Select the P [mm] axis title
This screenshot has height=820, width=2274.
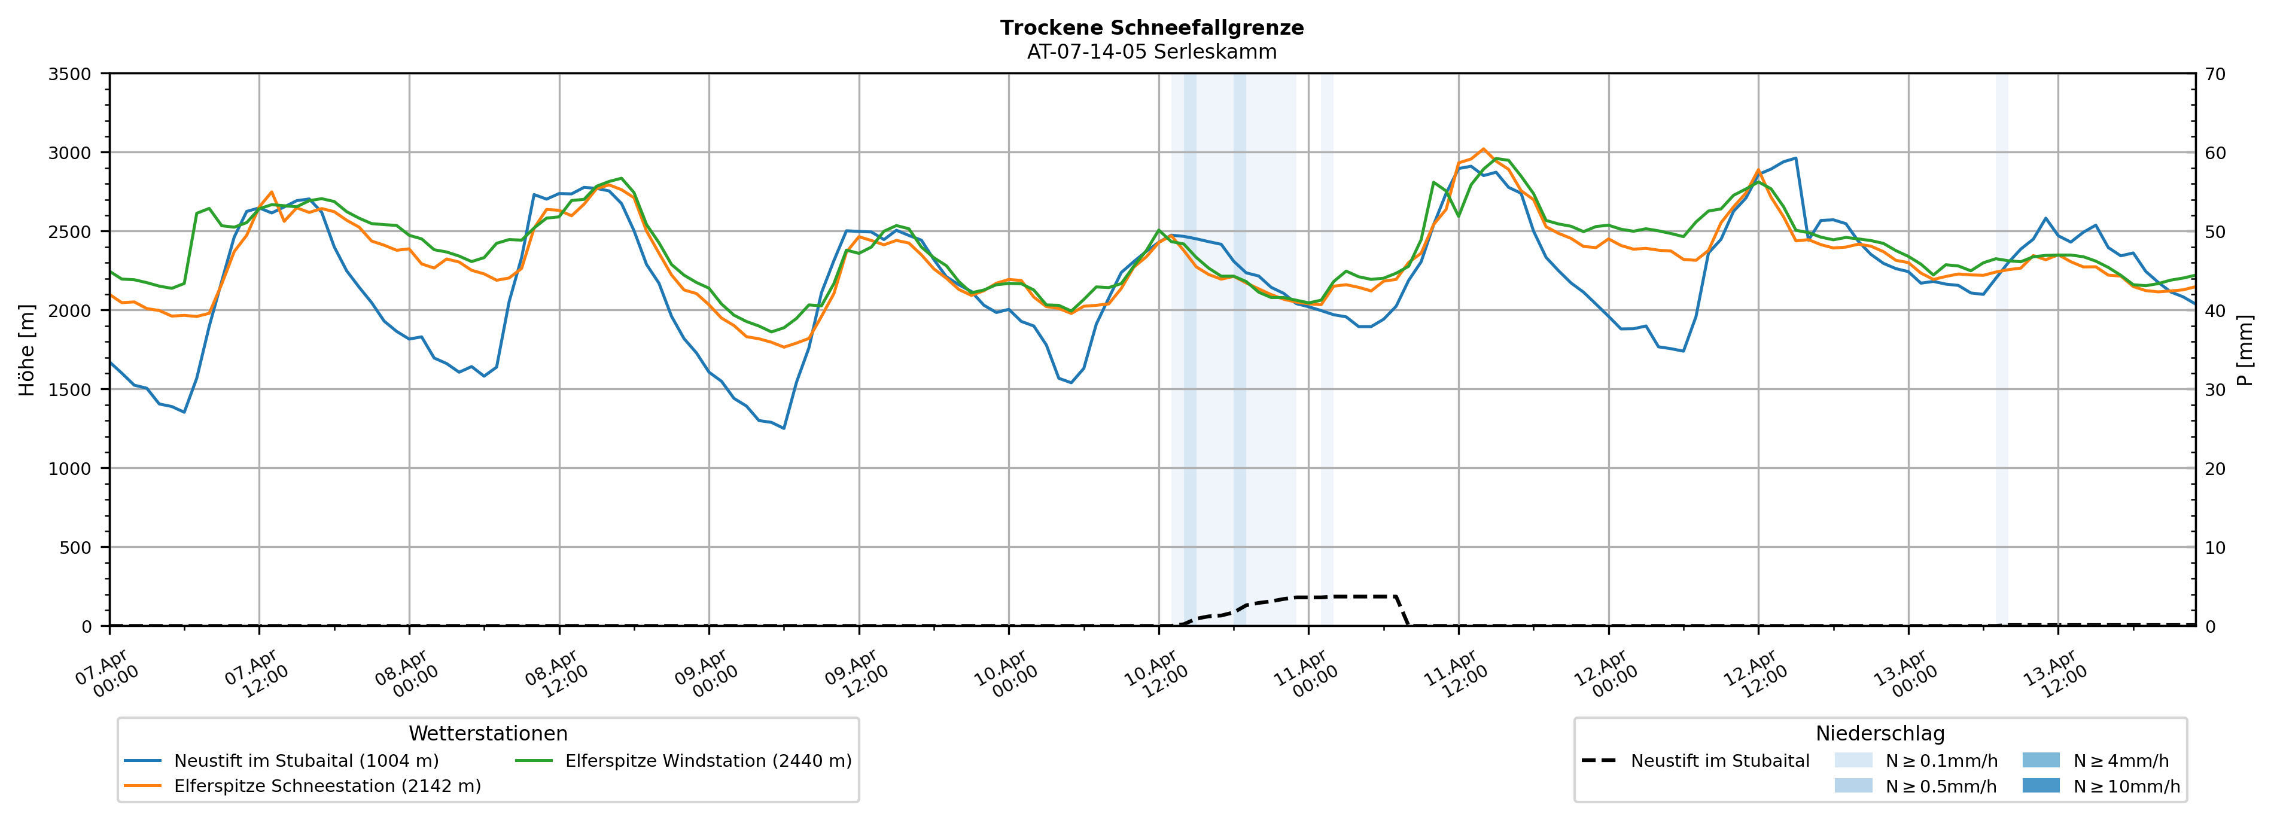coord(2245,350)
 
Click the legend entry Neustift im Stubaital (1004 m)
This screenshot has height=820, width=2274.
coord(306,761)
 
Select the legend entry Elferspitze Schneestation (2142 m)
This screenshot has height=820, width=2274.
coord(327,787)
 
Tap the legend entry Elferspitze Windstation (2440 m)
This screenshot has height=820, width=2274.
coord(708,761)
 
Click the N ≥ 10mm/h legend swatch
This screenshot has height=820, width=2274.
coord(2040,785)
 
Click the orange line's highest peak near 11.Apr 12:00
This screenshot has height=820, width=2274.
coord(1483,149)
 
